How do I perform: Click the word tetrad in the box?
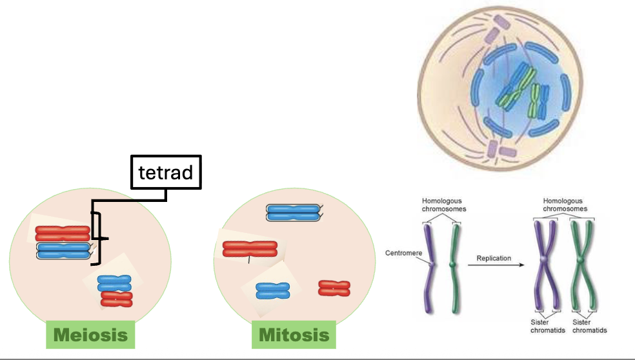point(166,172)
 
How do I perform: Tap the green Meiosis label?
point(90,335)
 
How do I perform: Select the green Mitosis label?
point(294,335)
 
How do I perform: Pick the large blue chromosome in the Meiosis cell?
point(63,251)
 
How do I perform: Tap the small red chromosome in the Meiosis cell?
point(117,299)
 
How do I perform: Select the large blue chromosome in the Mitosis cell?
point(293,213)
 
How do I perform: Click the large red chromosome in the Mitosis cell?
point(249,248)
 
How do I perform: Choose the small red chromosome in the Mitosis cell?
point(334,288)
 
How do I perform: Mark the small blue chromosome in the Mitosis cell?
point(272,291)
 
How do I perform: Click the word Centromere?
point(404,253)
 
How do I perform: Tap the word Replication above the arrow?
point(494,258)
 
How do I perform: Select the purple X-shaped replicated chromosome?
point(546,261)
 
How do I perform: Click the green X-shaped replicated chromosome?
point(580,261)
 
